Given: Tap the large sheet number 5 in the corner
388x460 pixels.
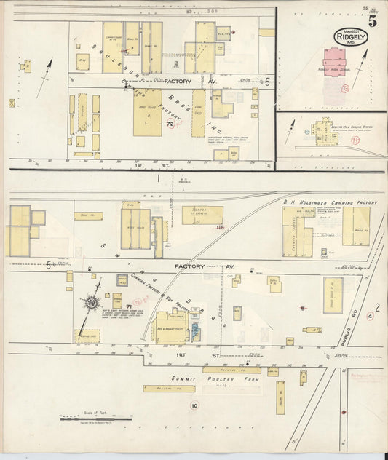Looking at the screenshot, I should tap(372, 20).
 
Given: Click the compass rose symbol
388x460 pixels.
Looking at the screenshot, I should tap(92, 301).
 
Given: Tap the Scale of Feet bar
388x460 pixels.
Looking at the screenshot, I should tap(95, 419).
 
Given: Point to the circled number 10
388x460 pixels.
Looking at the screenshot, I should tap(194, 405).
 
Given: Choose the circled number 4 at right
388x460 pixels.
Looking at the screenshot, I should tap(370, 316).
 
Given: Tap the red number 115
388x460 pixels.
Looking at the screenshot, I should tap(218, 228).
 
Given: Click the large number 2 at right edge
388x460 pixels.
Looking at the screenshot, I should tap(377, 307).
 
